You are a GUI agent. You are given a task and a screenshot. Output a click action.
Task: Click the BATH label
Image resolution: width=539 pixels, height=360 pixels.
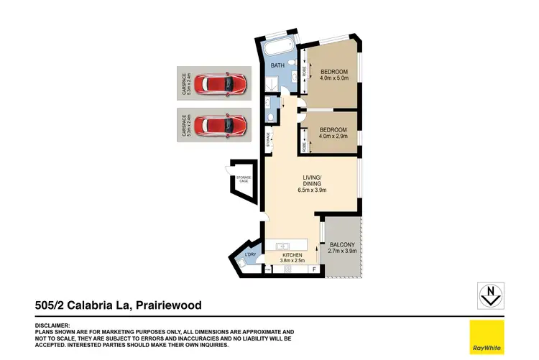(277, 67)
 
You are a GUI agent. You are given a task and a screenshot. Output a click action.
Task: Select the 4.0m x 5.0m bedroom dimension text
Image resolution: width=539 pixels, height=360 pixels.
(334, 78)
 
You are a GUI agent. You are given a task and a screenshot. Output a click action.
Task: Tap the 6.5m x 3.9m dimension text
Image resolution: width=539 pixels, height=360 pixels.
(313, 190)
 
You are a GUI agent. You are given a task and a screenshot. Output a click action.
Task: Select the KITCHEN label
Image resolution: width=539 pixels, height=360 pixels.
(292, 256)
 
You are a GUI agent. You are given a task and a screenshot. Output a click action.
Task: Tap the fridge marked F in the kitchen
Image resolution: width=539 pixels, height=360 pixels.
(314, 269)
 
